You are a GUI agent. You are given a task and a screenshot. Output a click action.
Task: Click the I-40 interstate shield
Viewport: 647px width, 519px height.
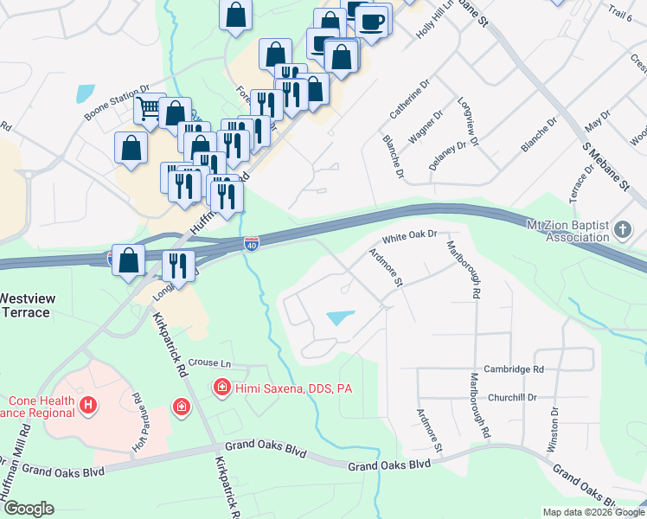(251, 245)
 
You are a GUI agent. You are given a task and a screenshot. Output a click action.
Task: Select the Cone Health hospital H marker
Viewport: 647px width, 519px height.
(86, 405)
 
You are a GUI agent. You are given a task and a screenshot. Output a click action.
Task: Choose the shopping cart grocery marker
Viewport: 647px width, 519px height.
(149, 109)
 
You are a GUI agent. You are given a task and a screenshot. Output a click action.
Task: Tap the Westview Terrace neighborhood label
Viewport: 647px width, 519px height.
(28, 305)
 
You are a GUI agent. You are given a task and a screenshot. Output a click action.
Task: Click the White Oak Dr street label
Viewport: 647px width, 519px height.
(411, 234)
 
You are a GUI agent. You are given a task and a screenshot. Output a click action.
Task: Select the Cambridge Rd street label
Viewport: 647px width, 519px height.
(514, 369)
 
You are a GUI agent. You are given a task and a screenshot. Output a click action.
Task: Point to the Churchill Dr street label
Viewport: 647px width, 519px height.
(513, 398)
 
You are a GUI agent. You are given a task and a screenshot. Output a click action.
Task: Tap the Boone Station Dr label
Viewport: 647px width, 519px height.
(117, 102)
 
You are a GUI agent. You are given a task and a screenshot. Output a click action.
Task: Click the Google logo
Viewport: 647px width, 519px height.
(28, 509)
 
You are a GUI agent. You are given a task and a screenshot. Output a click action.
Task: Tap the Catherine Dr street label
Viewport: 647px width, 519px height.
(409, 99)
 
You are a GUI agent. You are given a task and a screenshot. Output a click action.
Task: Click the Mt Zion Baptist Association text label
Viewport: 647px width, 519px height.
(567, 231)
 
